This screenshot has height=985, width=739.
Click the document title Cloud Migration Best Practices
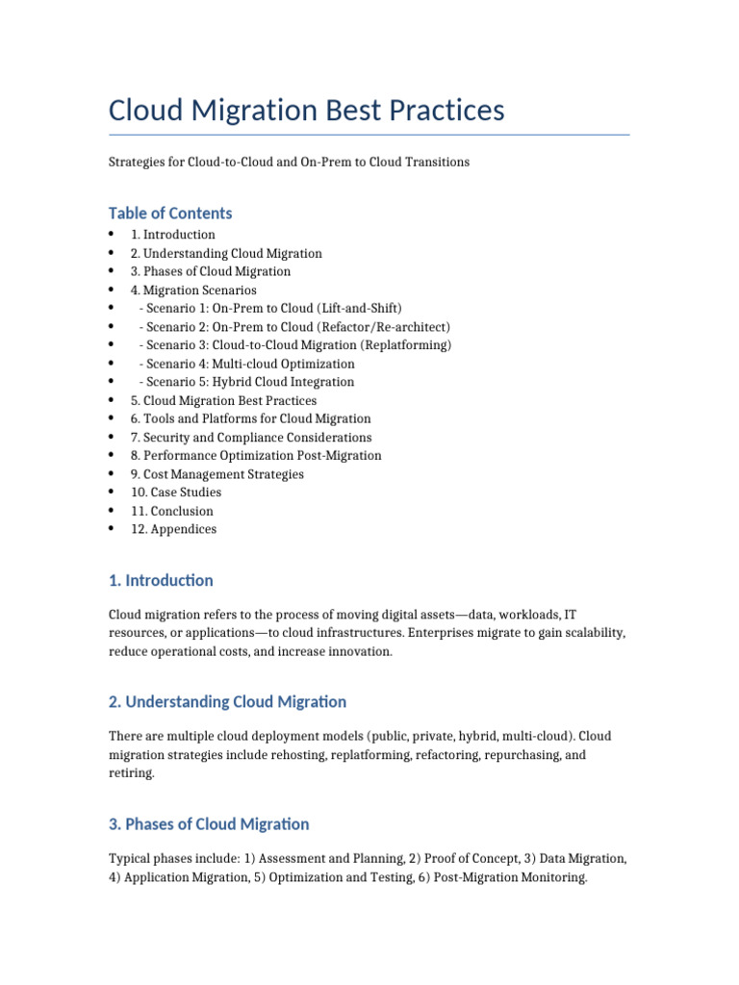(306, 111)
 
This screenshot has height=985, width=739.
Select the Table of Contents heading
(170, 214)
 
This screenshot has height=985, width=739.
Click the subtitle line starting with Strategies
(289, 163)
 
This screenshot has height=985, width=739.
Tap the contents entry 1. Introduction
(173, 235)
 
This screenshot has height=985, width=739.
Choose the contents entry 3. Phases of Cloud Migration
(211, 272)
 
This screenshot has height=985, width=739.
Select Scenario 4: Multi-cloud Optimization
(247, 365)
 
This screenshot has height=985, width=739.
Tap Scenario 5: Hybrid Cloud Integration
(247, 383)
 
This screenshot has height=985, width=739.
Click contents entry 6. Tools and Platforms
(250, 419)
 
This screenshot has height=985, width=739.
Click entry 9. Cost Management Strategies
(217, 474)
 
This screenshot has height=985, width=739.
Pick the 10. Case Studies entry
(176, 492)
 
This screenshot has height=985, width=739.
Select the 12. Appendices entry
(174, 529)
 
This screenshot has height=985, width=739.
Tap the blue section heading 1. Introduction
(161, 581)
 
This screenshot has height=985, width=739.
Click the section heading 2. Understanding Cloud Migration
(227, 702)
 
